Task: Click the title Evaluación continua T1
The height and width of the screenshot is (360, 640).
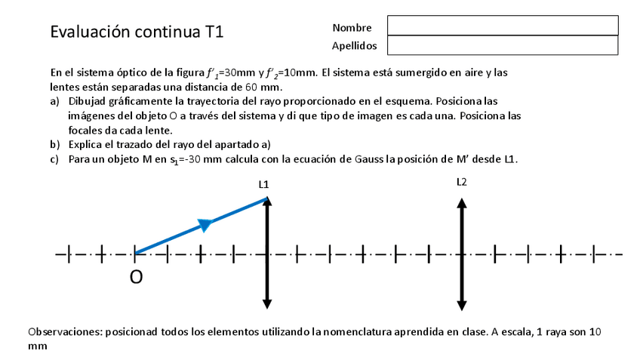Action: coord(137,32)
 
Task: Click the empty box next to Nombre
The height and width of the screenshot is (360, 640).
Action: coord(502,26)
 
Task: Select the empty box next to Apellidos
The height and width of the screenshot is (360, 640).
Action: coord(502,45)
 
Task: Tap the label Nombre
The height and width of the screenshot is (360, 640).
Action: coord(351,28)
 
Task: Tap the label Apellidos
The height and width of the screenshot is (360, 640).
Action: coord(354,46)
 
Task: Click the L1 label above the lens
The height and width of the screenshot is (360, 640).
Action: coord(263,184)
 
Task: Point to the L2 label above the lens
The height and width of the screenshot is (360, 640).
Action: coord(462,182)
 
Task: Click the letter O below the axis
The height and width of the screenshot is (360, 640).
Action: coord(136,278)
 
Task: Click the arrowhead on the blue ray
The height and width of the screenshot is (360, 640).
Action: coord(203,224)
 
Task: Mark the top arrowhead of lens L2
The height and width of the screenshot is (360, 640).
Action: coord(461,201)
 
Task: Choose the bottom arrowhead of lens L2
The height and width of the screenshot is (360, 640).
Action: coord(461,306)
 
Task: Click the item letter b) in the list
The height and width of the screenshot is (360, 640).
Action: coord(55,143)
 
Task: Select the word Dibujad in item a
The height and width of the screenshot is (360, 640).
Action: coord(88,100)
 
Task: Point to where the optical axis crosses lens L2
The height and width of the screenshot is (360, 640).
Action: coord(461,254)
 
